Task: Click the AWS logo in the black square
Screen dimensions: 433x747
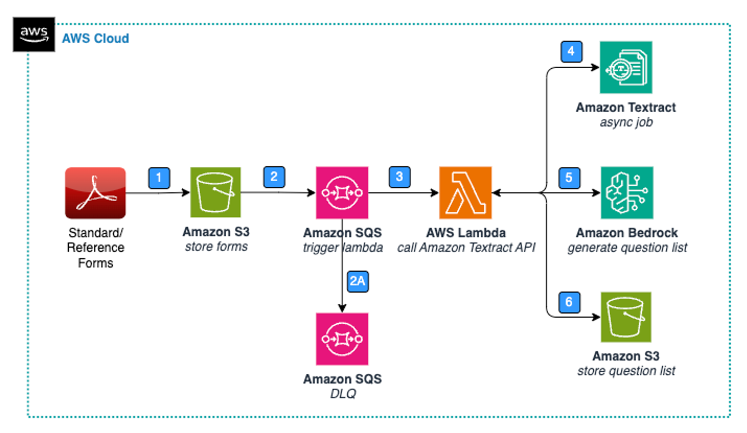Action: (x=34, y=35)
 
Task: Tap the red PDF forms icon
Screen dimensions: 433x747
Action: (x=95, y=193)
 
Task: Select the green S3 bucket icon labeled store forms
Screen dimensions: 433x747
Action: (x=215, y=192)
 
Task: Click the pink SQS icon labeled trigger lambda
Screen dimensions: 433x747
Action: (x=342, y=193)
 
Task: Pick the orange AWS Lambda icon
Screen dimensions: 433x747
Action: (x=465, y=193)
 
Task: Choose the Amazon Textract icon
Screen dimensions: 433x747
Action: (x=626, y=68)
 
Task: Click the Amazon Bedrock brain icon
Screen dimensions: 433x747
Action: (x=627, y=193)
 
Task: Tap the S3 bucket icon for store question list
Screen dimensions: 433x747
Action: (x=626, y=317)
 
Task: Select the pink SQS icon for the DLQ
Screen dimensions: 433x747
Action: (x=342, y=339)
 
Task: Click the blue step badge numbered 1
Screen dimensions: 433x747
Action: (x=159, y=178)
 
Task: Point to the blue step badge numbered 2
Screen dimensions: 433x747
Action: (x=274, y=177)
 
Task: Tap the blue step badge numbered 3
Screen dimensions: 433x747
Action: (x=400, y=177)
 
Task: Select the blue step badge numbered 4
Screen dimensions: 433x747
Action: (x=571, y=52)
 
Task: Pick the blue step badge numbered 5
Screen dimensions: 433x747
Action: (x=569, y=178)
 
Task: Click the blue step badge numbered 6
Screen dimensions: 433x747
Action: (x=569, y=302)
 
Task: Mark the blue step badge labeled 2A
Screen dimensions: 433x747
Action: (x=358, y=281)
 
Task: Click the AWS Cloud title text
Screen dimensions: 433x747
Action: (x=95, y=39)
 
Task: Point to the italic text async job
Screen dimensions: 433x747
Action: (x=626, y=122)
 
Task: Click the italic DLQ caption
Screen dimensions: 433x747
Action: (x=343, y=394)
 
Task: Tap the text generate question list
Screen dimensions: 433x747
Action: (x=627, y=248)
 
